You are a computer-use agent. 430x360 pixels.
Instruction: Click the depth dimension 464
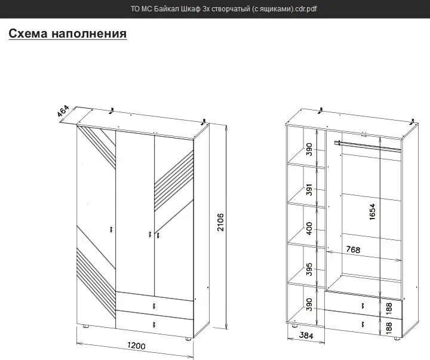point(63,111)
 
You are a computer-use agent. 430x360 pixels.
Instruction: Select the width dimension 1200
point(136,346)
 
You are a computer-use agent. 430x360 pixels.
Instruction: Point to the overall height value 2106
point(220,222)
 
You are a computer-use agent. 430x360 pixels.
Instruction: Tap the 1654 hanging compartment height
point(372,211)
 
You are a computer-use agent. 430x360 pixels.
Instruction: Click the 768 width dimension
point(353,250)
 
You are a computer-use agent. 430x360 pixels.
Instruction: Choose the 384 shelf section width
point(306,335)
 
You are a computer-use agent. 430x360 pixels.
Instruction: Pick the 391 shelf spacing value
point(309,189)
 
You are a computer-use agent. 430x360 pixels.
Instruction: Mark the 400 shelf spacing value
point(309,229)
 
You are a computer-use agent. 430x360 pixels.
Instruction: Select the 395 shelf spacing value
point(309,269)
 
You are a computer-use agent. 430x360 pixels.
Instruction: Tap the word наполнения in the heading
point(89,33)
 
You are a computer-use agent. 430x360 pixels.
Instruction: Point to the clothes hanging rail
point(368,146)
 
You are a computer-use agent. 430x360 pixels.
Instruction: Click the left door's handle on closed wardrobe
point(111,229)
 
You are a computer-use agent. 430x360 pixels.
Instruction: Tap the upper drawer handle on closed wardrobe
point(154,306)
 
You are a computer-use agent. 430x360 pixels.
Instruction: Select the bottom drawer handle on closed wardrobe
point(154,325)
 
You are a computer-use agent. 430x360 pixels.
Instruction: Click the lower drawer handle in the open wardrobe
point(363,325)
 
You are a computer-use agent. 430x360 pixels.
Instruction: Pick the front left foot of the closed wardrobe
point(86,327)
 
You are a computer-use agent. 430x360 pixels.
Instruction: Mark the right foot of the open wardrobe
point(397,339)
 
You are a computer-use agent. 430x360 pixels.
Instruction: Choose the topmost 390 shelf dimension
point(309,149)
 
